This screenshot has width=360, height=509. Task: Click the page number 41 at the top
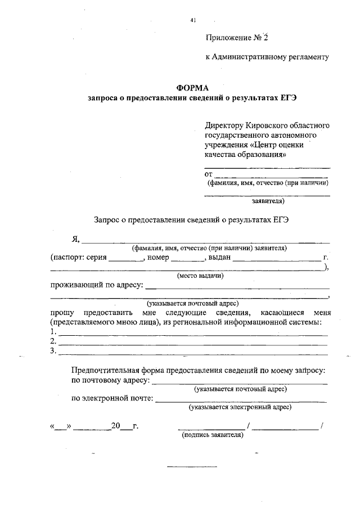pos(193,21)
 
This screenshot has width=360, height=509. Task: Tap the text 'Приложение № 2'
pos(237,38)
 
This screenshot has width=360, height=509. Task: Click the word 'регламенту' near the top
pos(304,57)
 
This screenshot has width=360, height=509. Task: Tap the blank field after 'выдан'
pos(276,259)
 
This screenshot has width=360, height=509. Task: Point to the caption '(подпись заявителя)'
pos(211,435)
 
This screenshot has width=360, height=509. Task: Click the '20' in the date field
pos(116,426)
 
